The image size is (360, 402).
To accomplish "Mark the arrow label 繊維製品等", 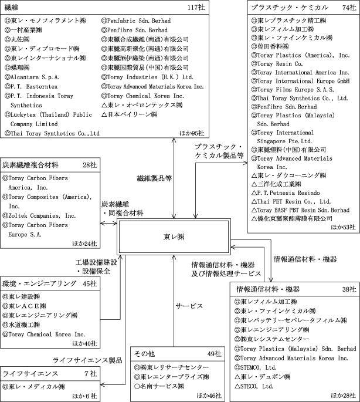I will [154, 175].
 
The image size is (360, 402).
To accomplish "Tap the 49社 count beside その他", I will [213, 354].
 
